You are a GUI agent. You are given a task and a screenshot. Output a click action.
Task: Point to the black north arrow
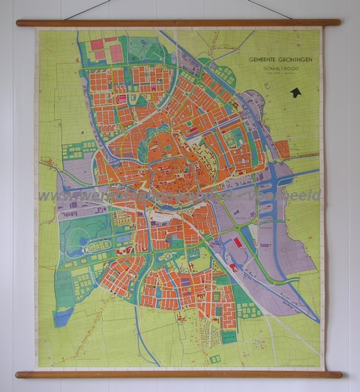[296, 93]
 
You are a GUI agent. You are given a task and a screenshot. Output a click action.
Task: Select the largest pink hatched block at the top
[115, 53]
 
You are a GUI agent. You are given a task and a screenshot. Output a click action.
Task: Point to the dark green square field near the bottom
[228, 336]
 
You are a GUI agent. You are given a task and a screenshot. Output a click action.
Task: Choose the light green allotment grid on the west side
[78, 150]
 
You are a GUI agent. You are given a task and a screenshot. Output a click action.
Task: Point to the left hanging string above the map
[86, 9]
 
